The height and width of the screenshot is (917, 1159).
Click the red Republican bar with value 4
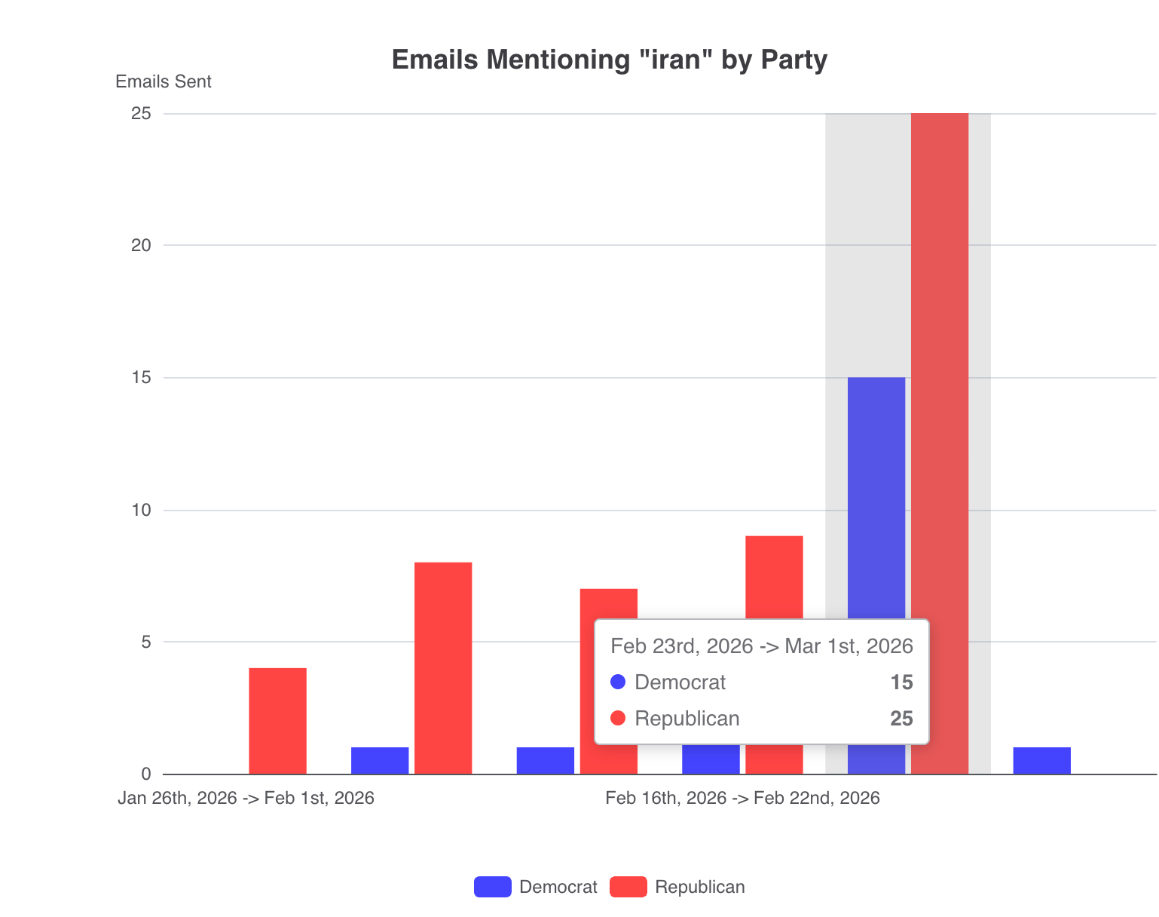(277, 720)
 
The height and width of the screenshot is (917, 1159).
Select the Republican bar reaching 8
(443, 667)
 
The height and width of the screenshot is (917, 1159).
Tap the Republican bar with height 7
(608, 603)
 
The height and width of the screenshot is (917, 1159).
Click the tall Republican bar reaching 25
(940, 377)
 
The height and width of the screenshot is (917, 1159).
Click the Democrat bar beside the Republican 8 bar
(380, 760)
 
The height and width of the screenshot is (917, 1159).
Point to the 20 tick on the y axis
(142, 245)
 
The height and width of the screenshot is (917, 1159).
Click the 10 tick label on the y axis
(142, 510)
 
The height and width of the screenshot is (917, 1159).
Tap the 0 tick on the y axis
(146, 774)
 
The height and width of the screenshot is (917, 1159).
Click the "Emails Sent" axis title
(164, 81)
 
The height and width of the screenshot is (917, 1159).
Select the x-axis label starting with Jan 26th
(246, 798)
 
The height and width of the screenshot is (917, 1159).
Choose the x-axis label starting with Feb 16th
(742, 798)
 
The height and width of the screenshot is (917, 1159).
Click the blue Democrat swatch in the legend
(493, 887)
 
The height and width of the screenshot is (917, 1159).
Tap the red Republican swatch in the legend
(628, 887)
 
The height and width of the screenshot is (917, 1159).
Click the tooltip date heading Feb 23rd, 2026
(761, 646)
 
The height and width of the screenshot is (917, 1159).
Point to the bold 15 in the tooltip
(901, 682)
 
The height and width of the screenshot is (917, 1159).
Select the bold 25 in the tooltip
(901, 719)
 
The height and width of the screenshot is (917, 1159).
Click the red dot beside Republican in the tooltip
(618, 718)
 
